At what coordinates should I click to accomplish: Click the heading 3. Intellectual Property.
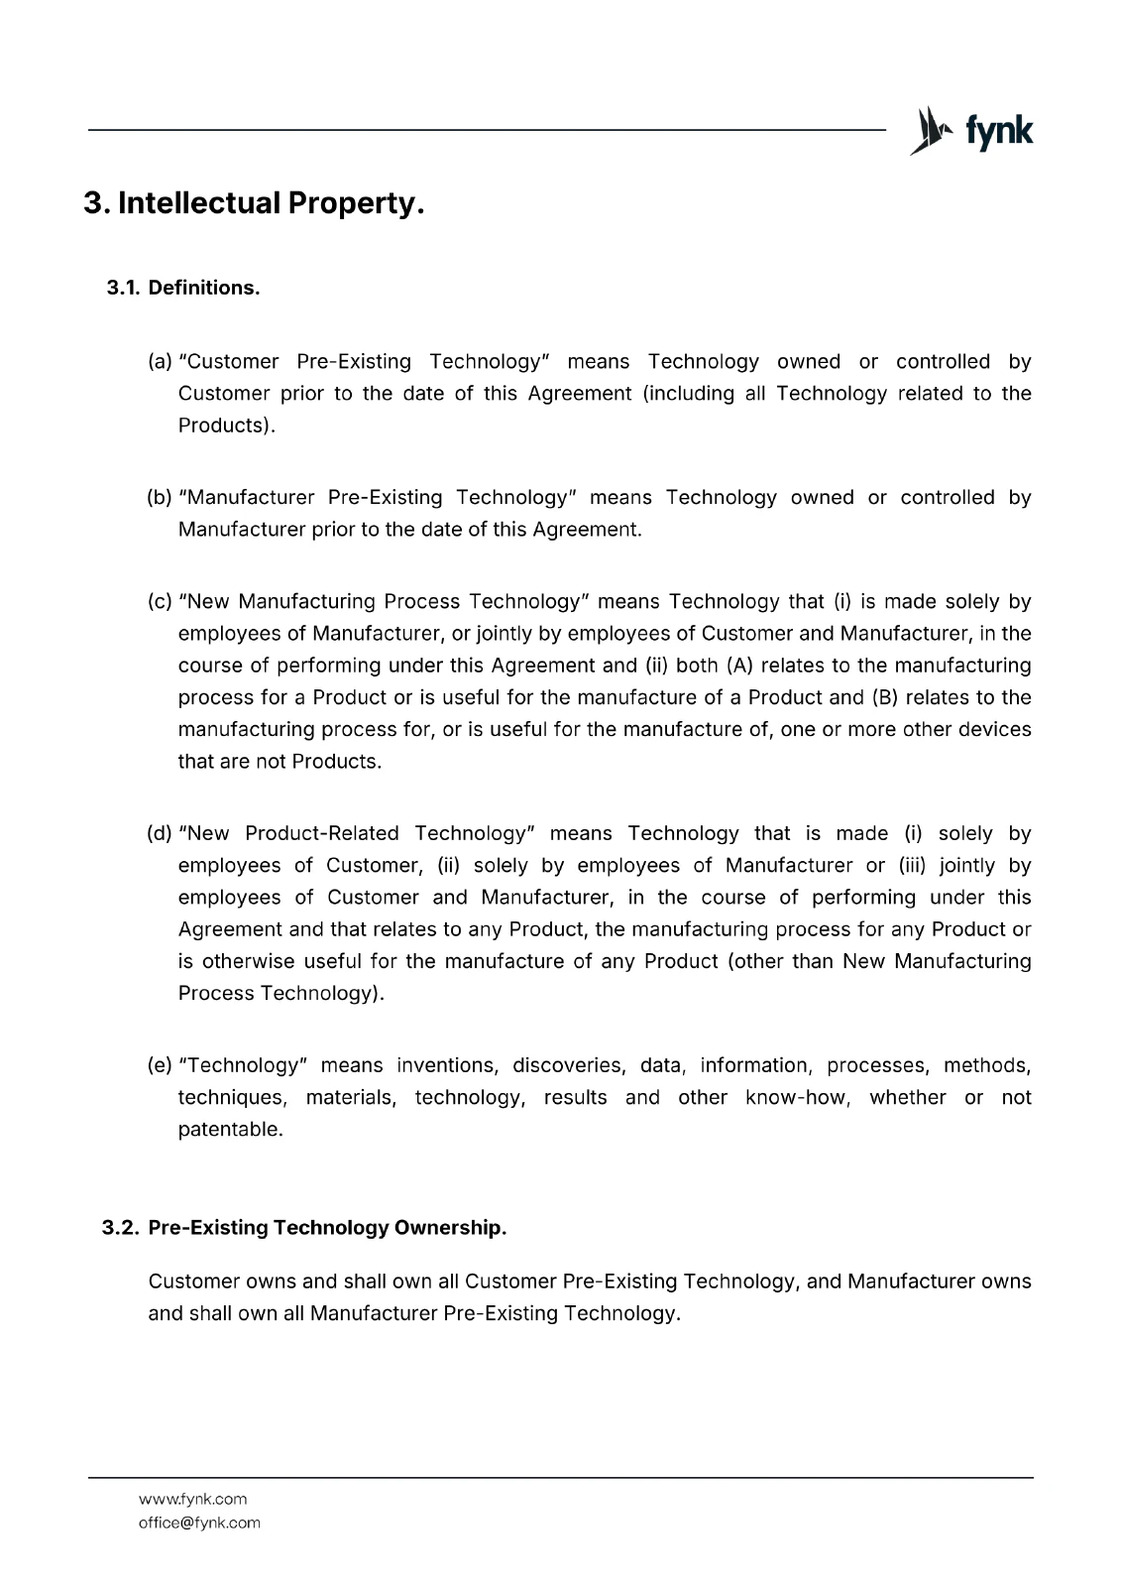[254, 203]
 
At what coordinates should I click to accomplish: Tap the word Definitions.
[204, 288]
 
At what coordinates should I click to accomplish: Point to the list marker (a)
[160, 362]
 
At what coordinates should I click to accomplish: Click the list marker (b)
[160, 498]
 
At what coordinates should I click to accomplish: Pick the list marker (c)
[160, 602]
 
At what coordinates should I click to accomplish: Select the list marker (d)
[160, 834]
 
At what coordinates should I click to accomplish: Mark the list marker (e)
[160, 1066]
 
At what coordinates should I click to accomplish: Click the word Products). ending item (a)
[227, 426]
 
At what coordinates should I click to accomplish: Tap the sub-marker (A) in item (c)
[738, 666]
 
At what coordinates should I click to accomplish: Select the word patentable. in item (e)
[230, 1130]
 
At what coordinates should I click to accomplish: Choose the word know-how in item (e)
[797, 1098]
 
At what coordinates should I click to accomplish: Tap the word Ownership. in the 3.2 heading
[450, 1228]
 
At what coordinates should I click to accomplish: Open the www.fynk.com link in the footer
[192, 1500]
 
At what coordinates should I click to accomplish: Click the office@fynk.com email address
[199, 1524]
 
